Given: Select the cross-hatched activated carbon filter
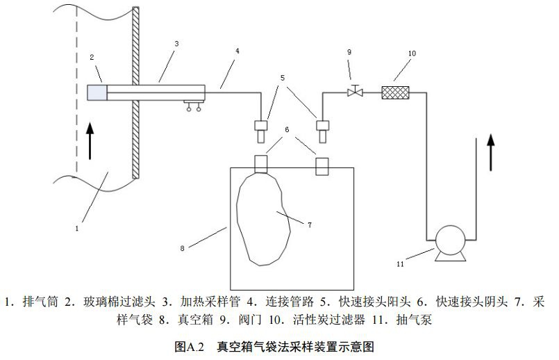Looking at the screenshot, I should click(397, 92).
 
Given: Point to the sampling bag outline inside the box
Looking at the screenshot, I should click(263, 219).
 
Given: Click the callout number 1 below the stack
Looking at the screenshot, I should click(78, 226).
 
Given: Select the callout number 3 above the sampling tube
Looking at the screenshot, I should click(176, 43).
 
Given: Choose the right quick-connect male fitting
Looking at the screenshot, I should click(322, 126).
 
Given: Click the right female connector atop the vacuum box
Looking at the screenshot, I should click(322, 166).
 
